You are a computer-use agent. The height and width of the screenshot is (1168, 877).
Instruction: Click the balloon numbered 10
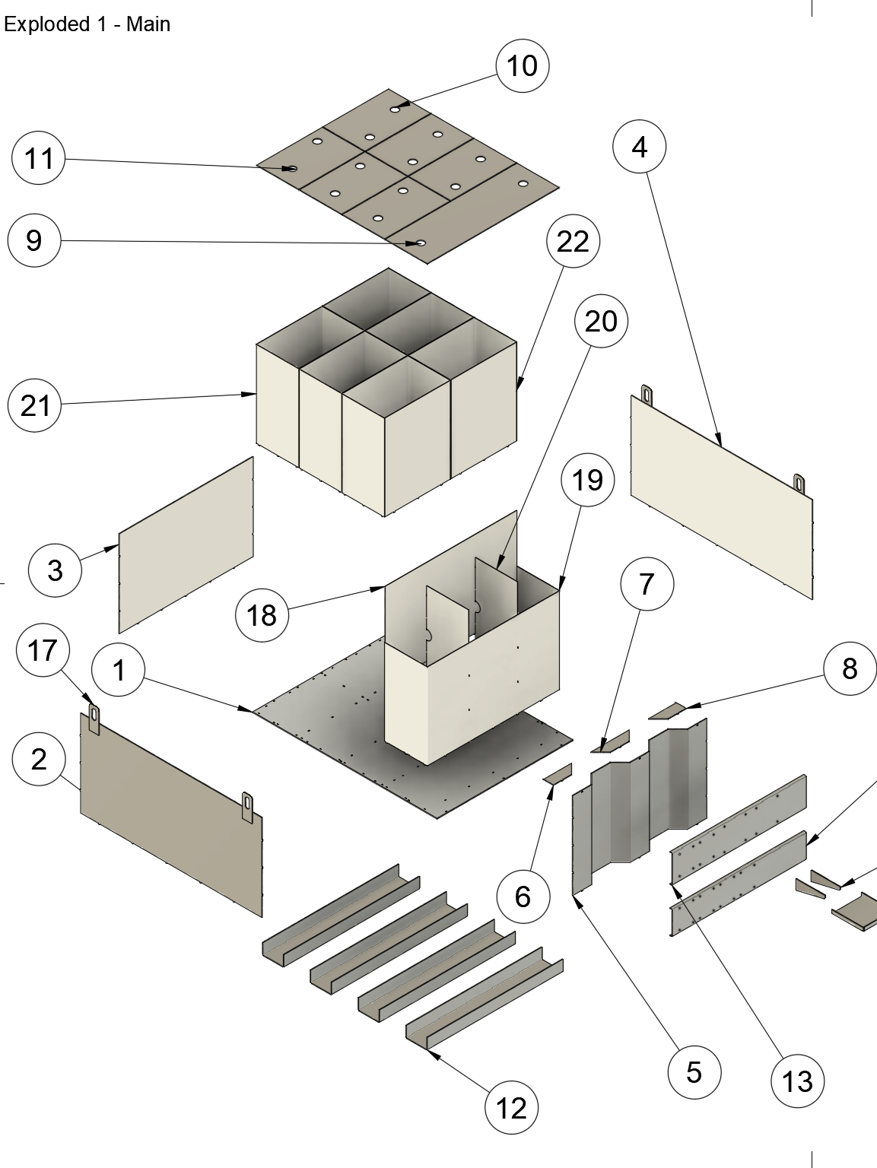coord(522,66)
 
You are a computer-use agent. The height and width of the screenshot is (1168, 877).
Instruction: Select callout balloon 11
coord(39,159)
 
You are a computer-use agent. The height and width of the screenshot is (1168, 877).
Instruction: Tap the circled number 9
coord(33,240)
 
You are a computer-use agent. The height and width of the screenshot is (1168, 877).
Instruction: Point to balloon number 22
coord(573,242)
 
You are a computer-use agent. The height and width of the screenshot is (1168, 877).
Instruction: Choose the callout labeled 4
coord(640,147)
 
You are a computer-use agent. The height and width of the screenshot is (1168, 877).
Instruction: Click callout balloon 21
coord(34,406)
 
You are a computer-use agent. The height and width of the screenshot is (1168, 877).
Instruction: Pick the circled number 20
coord(601,322)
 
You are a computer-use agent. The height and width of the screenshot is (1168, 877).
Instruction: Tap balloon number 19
coord(587,480)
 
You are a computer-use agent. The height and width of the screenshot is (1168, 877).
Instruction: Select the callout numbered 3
coord(55,570)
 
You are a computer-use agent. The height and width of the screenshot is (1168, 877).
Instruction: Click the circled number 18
coord(262,614)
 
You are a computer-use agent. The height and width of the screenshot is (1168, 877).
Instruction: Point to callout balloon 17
coord(43,650)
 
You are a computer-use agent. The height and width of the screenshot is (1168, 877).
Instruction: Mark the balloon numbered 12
coord(511,1108)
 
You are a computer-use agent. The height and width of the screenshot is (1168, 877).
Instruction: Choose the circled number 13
coord(797,1081)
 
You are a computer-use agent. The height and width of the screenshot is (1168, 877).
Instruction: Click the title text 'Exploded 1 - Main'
coord(87,24)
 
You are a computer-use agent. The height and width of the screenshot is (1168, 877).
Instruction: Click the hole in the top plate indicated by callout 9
coord(420,243)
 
